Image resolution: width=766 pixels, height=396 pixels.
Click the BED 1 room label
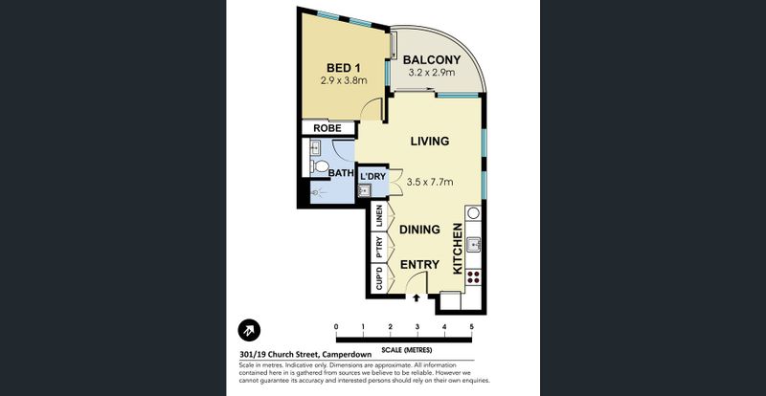point(343,68)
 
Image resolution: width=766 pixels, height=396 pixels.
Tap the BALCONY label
point(432,60)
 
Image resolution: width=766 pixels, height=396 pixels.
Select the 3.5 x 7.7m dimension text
point(430,182)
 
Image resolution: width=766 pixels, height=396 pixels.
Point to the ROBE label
point(327,128)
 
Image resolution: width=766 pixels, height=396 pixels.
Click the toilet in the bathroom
point(320,166)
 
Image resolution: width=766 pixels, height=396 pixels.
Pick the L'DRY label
point(373,176)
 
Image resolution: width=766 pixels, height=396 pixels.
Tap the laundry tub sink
point(364,190)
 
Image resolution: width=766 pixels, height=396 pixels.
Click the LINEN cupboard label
point(379,216)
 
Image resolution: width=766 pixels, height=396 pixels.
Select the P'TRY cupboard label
point(379,248)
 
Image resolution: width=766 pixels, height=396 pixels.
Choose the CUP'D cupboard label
point(379,278)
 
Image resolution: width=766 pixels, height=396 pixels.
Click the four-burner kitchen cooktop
point(473,276)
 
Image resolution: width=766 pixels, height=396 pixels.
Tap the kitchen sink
point(473,244)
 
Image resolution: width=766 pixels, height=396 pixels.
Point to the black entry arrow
point(417,297)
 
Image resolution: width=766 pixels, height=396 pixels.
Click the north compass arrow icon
point(249,330)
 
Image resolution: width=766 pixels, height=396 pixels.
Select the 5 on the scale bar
point(471,327)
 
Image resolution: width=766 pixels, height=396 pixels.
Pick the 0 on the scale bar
point(336,327)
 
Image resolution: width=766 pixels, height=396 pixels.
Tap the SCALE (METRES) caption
point(406,350)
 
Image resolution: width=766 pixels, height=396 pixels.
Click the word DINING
point(419,229)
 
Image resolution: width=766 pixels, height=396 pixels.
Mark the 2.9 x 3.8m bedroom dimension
point(344,80)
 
